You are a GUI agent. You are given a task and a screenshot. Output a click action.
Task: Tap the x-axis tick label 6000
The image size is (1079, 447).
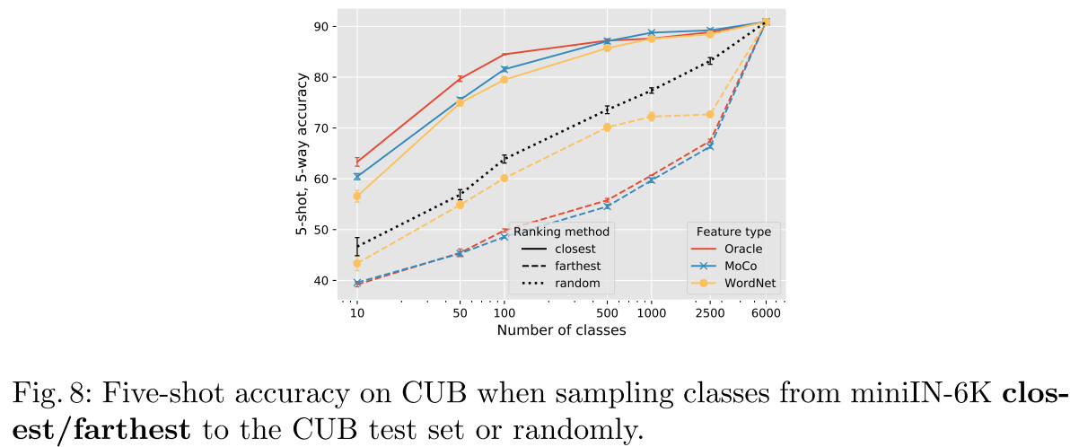(766, 313)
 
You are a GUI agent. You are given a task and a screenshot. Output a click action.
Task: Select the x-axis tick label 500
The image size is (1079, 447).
(607, 313)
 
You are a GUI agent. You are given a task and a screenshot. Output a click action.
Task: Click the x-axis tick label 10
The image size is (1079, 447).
(356, 313)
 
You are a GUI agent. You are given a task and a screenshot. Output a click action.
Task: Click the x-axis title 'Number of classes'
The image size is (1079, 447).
(561, 329)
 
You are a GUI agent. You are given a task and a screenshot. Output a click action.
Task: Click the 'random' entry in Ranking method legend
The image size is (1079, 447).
(577, 283)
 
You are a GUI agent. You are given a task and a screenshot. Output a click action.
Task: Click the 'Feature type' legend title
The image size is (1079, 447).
(733, 232)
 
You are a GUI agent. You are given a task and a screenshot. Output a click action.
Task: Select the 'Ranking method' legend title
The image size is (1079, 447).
(561, 232)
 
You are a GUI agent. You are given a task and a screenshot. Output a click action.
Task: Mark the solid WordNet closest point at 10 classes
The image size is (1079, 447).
(357, 196)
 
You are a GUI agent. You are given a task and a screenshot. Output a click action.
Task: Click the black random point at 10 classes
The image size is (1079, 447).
(357, 245)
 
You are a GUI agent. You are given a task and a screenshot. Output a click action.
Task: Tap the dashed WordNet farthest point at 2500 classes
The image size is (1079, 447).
(709, 114)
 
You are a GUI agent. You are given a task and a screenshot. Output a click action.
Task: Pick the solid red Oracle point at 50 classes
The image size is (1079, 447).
(461, 79)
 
